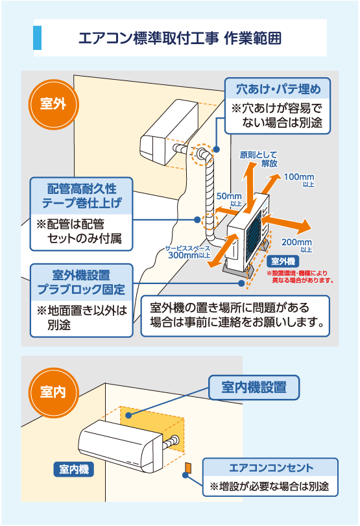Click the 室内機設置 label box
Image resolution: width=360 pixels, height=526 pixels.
254,388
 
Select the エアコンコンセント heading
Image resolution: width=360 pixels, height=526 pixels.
271,467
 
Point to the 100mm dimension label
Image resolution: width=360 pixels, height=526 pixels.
299,178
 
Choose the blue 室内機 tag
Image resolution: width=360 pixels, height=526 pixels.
74,468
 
